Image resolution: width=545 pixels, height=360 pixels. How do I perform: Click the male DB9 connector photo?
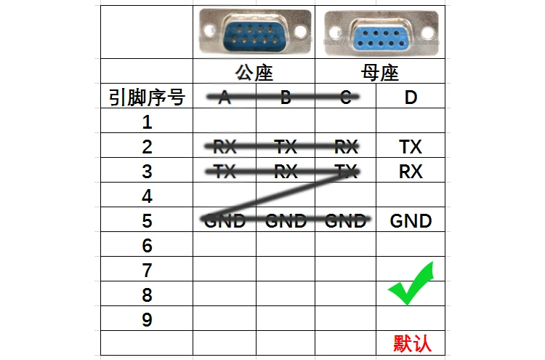(254, 33)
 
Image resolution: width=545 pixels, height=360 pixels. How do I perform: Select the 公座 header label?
(254, 73)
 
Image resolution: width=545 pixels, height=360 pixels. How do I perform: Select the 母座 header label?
(380, 73)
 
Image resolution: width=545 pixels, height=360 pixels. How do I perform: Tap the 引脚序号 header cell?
(147, 97)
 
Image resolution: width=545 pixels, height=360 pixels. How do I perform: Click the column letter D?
(411, 97)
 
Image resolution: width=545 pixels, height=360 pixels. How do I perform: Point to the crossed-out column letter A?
(224, 97)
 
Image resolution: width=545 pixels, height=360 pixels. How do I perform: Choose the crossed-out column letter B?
(286, 97)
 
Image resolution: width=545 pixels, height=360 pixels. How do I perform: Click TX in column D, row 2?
(411, 147)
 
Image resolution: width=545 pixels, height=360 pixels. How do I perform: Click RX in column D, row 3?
(411, 172)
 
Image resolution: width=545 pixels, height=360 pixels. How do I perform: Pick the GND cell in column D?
(411, 220)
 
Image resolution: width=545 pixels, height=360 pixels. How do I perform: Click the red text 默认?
(412, 343)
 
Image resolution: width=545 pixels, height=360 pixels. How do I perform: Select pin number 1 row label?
(147, 121)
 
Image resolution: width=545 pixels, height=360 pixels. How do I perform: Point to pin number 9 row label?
(147, 319)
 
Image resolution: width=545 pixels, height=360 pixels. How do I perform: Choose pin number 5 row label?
(147, 220)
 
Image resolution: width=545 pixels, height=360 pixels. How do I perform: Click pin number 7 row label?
(147, 271)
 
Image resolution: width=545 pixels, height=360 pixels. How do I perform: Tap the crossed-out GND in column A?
(224, 220)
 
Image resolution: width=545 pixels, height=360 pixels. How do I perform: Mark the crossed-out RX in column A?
(224, 147)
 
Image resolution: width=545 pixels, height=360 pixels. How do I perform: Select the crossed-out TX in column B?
(286, 147)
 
